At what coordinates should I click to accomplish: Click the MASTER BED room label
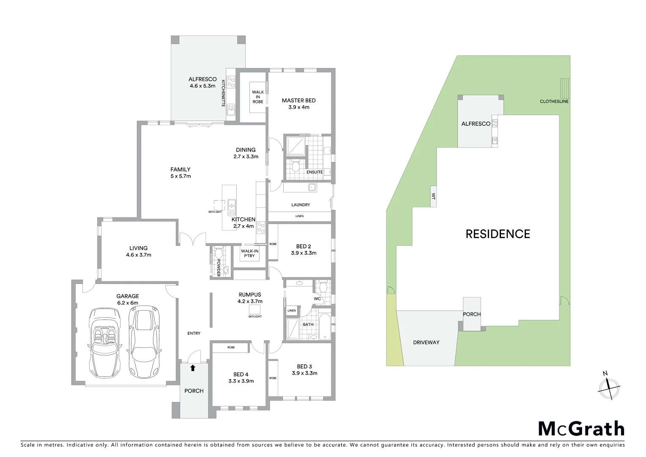point(298,100)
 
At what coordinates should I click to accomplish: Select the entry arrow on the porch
point(193,368)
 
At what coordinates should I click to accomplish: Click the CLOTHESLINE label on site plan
point(554,102)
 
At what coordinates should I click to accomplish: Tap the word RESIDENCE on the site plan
point(498,234)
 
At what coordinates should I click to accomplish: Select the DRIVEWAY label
point(426,342)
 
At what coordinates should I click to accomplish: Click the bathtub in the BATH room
point(325,327)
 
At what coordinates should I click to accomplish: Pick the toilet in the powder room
point(219,253)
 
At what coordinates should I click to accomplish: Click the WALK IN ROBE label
point(258,97)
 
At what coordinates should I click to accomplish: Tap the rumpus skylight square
point(255,309)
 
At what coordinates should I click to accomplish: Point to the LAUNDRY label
point(301,205)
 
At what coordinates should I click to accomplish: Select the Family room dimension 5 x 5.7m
point(181,176)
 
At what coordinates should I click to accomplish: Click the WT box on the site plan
point(433,196)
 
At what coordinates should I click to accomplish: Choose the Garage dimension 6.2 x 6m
point(128,303)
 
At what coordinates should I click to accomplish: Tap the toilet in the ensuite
point(296,165)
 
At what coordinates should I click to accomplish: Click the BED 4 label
point(241,374)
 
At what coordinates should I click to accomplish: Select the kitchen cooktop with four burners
point(261,228)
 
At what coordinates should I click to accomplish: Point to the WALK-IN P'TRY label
point(249,253)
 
